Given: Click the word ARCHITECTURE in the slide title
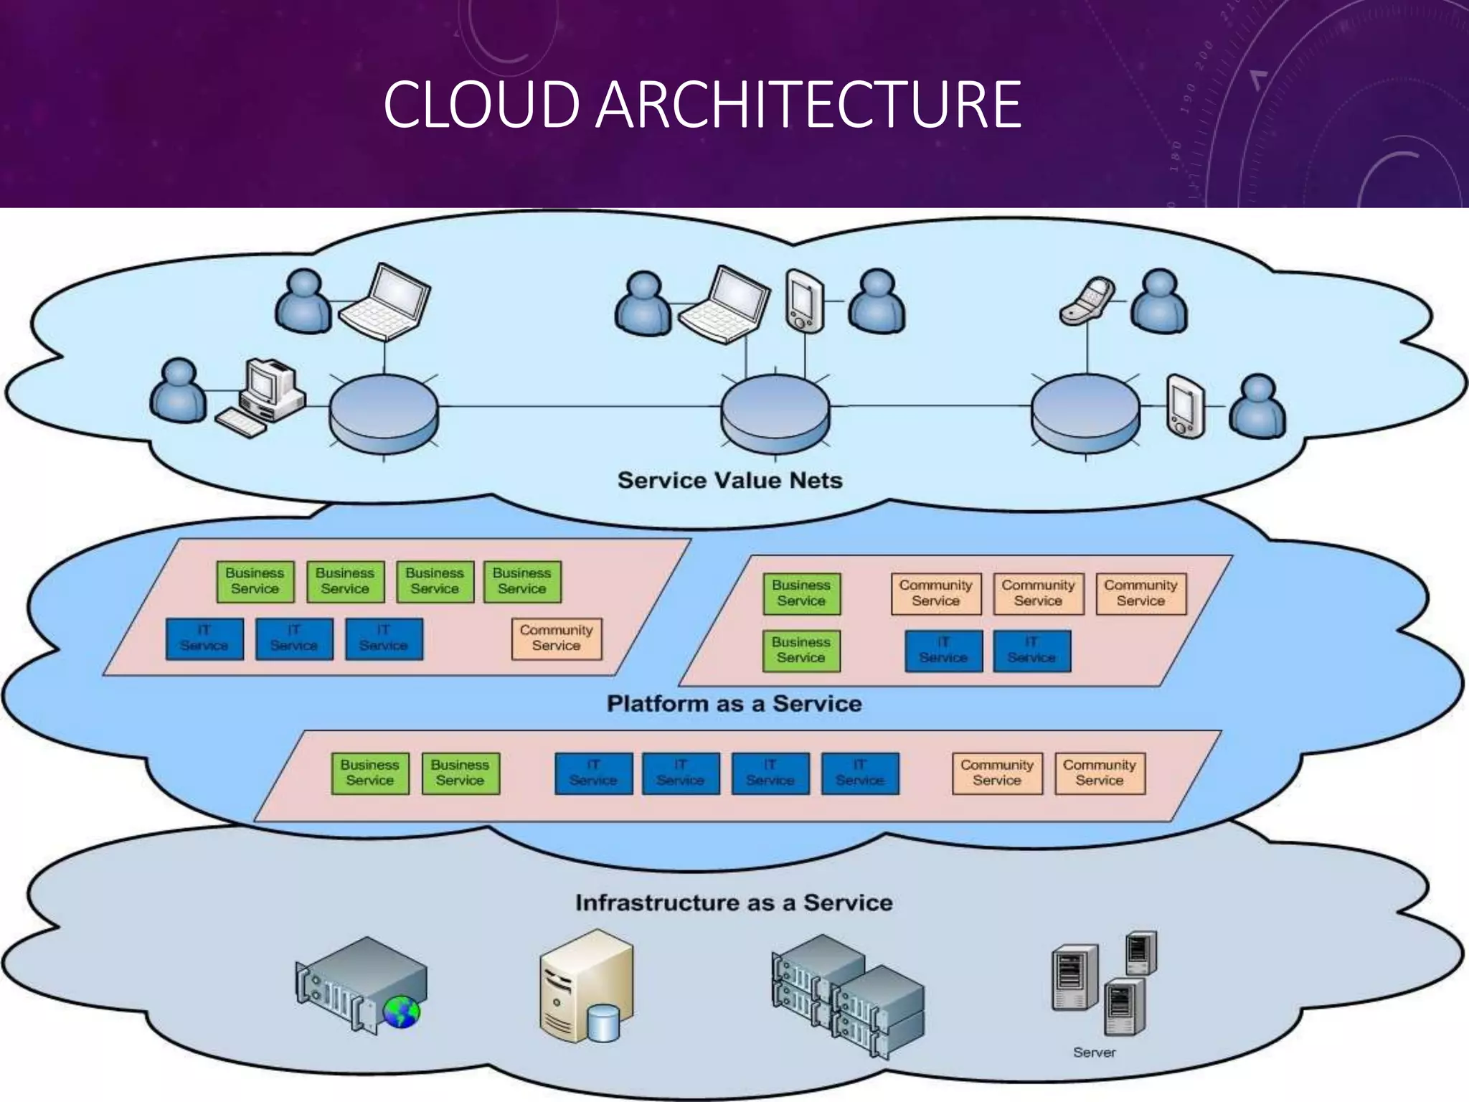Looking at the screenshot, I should pyautogui.click(x=808, y=105).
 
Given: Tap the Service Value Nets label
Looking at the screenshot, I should pyautogui.click(x=729, y=480).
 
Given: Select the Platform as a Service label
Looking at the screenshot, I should pyautogui.click(x=734, y=703).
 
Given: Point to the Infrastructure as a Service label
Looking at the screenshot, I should pyautogui.click(x=734, y=903).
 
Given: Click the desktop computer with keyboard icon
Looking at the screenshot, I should pyautogui.click(x=264, y=398).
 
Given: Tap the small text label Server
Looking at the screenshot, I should pyautogui.click(x=1094, y=1052).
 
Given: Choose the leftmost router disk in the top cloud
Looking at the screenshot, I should pyautogui.click(x=384, y=414).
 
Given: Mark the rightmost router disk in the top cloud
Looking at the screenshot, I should pyautogui.click(x=1085, y=414).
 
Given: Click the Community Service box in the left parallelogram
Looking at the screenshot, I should pyautogui.click(x=557, y=638).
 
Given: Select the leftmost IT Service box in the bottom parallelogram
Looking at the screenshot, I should pyautogui.click(x=593, y=773).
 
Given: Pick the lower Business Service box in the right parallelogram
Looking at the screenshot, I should pyautogui.click(x=801, y=650).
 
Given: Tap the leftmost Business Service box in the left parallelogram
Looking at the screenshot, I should pyautogui.click(x=255, y=581).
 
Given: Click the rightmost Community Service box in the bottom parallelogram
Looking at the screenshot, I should pyautogui.click(x=1100, y=773).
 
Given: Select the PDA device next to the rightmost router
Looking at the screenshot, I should pyautogui.click(x=1185, y=406).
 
